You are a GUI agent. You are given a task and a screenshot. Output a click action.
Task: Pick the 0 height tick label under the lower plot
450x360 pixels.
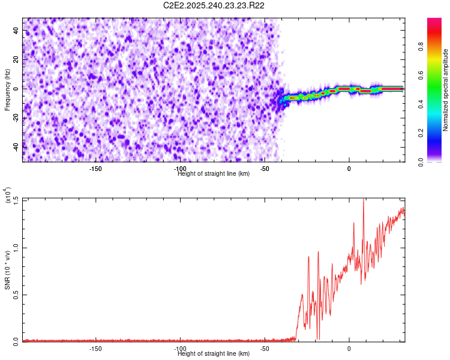point(349,348)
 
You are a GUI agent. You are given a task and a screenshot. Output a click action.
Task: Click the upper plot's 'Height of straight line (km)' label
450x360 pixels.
point(214,174)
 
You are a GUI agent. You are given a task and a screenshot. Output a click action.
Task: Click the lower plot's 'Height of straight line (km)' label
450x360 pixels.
point(214,354)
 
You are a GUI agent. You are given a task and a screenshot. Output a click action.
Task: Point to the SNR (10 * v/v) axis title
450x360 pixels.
point(7,271)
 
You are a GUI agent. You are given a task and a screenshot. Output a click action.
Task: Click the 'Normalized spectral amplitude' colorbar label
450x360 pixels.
point(446,90)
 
